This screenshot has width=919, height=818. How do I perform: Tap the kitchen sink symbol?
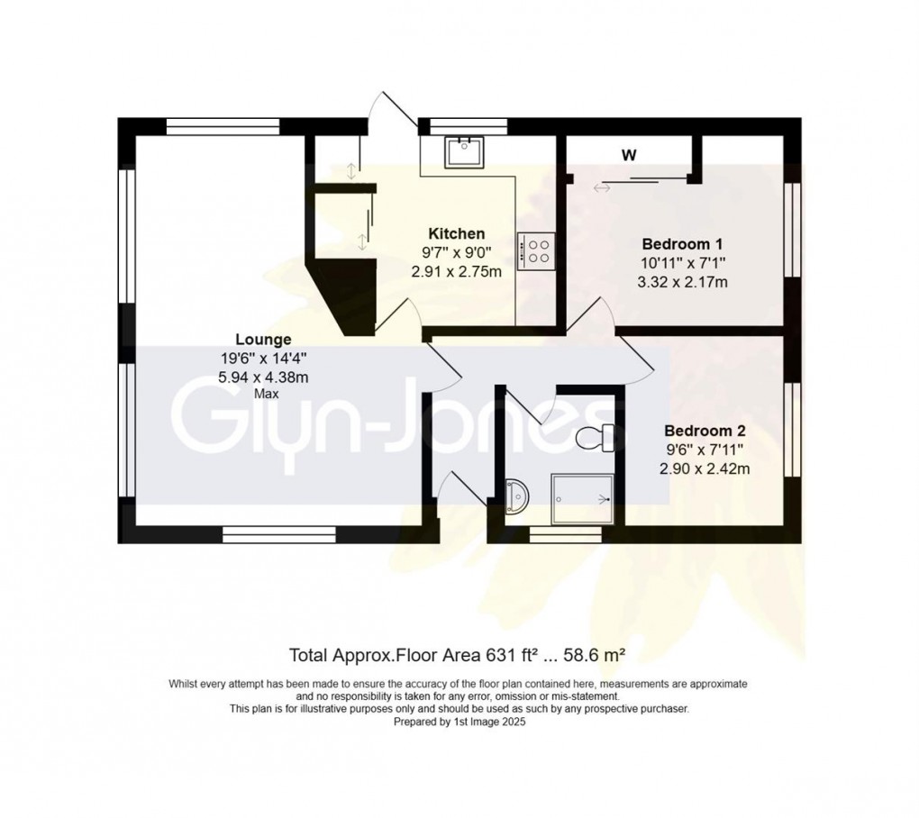(465, 151)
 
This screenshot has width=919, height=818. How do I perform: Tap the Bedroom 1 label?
(683, 244)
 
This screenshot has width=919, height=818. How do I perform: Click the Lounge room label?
(263, 340)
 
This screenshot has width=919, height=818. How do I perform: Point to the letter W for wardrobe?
(629, 155)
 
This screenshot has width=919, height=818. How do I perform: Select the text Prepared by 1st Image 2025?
(459, 722)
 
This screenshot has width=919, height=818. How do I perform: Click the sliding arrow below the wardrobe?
(601, 187)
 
